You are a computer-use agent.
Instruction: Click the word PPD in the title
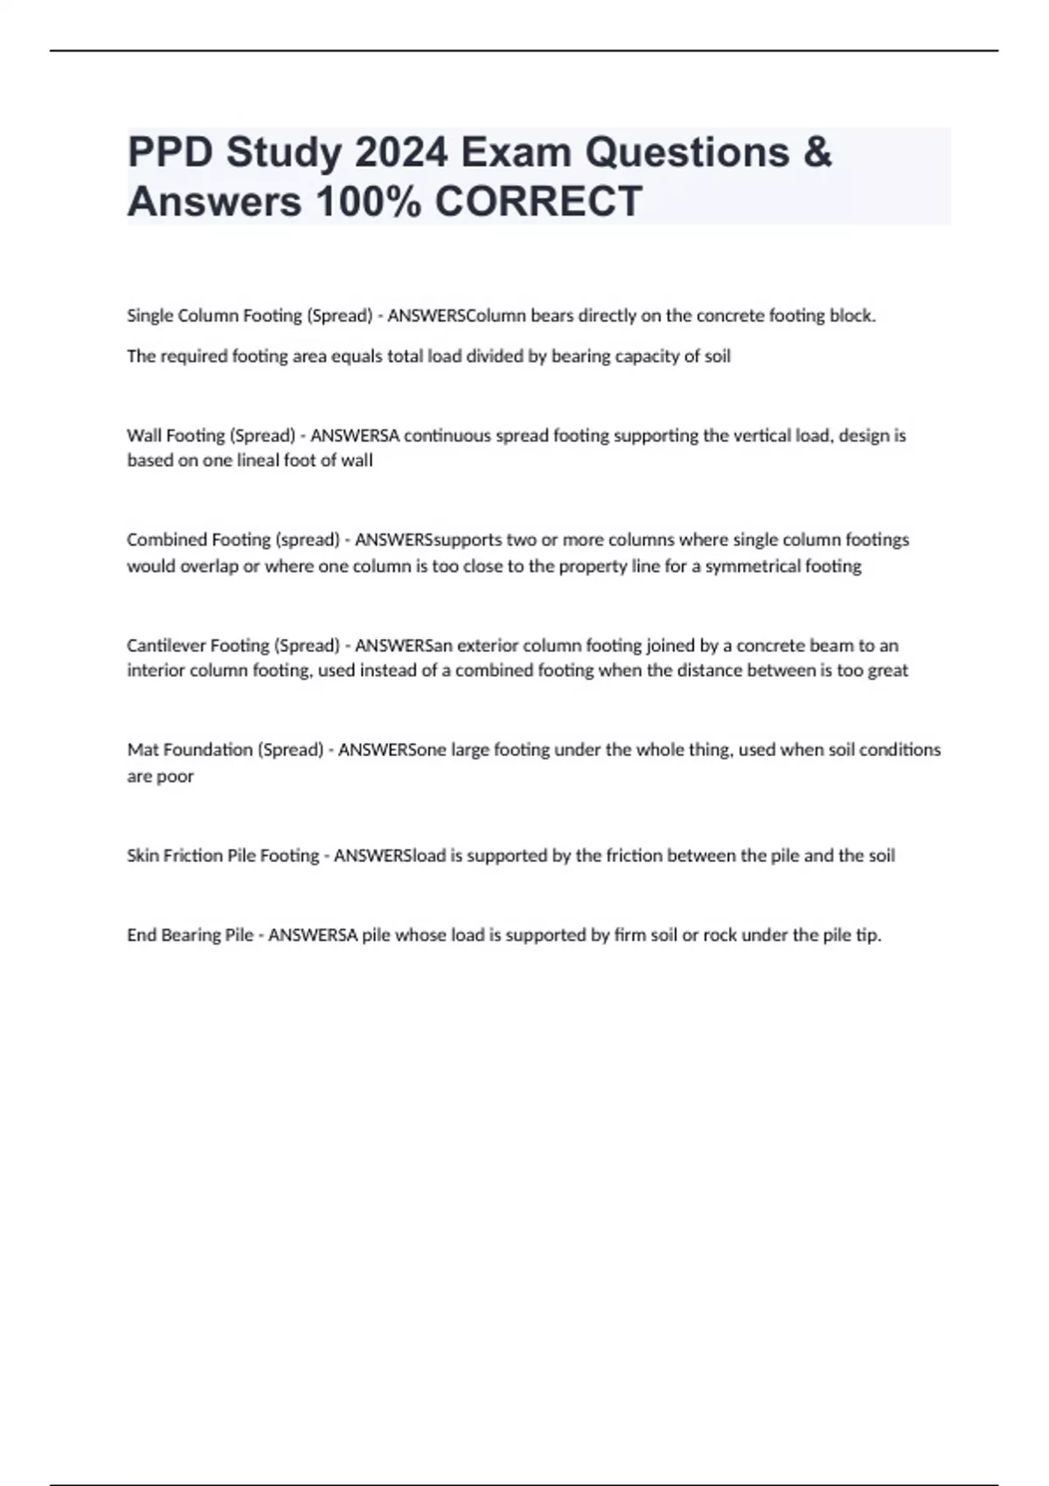coord(170,153)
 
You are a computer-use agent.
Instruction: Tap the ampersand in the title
coord(816,153)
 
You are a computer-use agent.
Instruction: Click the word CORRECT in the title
coord(538,202)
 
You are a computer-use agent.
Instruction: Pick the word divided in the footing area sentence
coord(513,357)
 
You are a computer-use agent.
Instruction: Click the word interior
coord(155,671)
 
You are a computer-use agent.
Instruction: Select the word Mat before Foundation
coord(142,750)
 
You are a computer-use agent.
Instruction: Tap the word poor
coord(176,776)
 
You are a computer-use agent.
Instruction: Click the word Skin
coord(142,856)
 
